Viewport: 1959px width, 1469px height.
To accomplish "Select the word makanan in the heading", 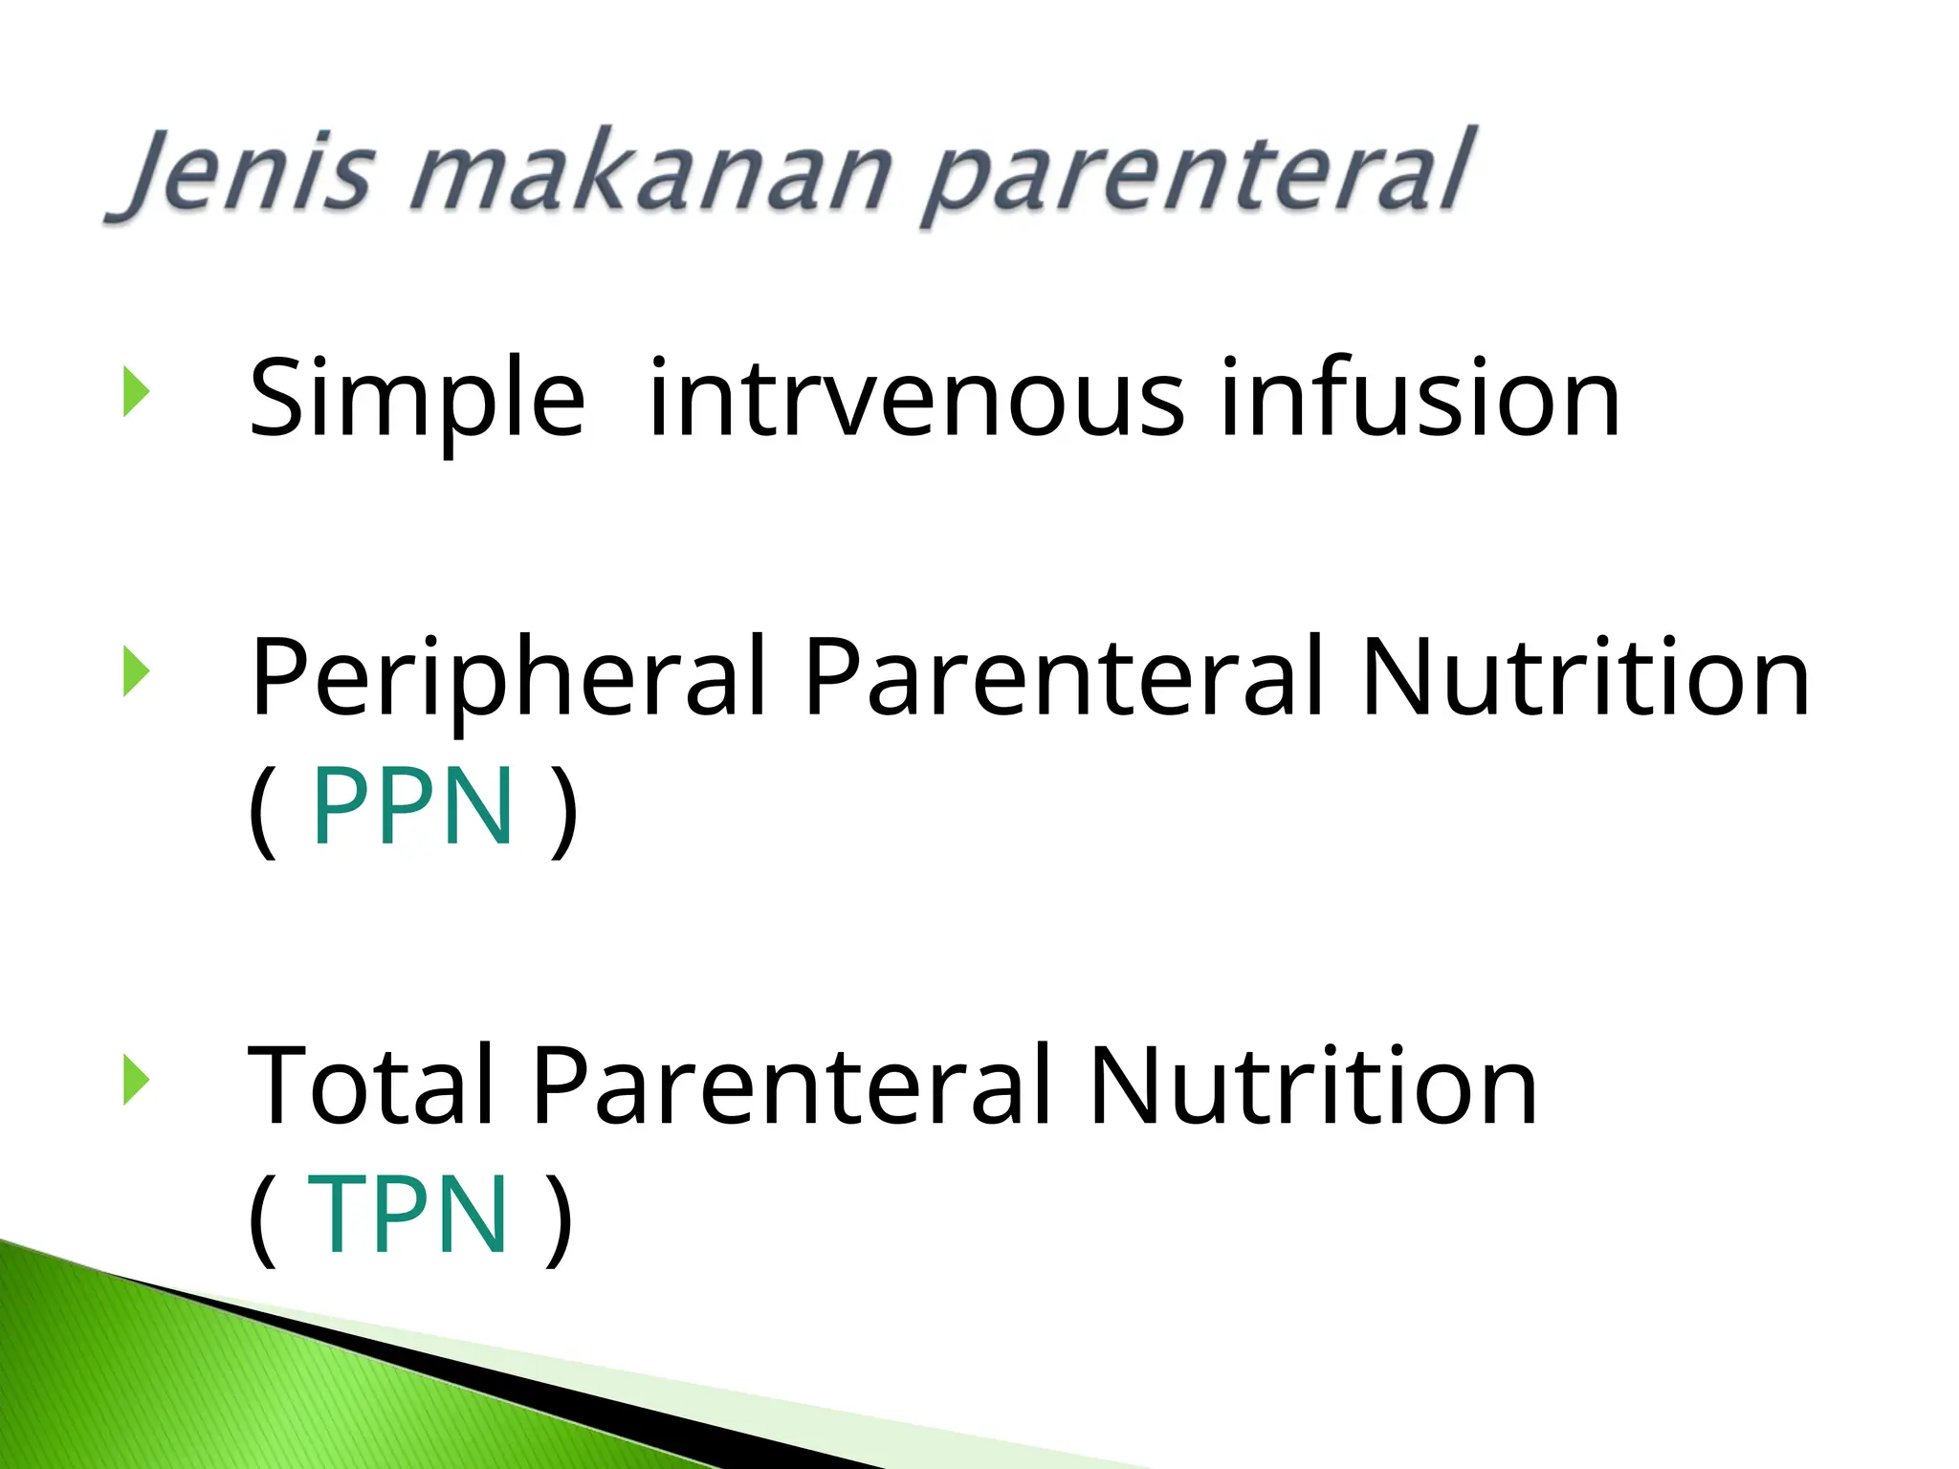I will point(650,174).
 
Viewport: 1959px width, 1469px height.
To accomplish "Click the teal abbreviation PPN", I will point(413,807).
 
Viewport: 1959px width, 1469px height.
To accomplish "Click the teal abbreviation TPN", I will point(407,1215).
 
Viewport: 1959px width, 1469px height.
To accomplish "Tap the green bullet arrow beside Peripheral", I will point(136,672).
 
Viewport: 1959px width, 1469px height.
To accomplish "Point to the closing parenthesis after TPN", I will point(560,1218).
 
